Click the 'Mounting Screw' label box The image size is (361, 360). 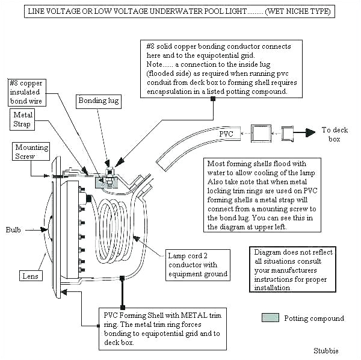[x=31, y=152]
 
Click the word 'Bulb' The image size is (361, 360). [x=13, y=230]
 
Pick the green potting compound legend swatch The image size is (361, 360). [x=270, y=318]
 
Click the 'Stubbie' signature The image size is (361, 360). [x=326, y=350]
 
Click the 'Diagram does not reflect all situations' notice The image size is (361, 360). [x=292, y=270]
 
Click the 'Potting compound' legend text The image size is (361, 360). [x=313, y=318]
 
